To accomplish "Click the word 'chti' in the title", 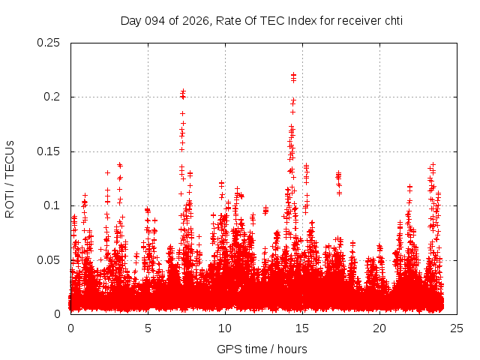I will (x=391, y=20).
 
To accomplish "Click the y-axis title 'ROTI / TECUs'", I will (x=10, y=178).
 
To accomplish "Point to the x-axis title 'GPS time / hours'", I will (x=262, y=349).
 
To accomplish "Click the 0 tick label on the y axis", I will (x=58, y=314).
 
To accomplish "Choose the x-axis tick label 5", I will (x=148, y=328).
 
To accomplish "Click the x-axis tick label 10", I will (x=225, y=328).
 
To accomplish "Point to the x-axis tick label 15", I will (x=302, y=328).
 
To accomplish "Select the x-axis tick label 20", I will (x=379, y=328).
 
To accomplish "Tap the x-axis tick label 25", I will (x=457, y=328).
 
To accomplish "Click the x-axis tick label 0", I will (x=70, y=328).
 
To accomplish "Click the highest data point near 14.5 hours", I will (x=293, y=75).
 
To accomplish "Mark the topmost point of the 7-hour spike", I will (x=183, y=91).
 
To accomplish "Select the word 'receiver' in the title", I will (x=355, y=20).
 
